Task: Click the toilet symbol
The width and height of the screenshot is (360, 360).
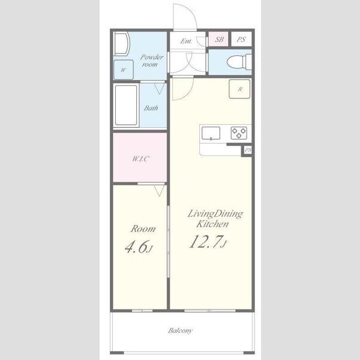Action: tap(239, 61)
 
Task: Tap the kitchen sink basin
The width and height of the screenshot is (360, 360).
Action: tap(211, 133)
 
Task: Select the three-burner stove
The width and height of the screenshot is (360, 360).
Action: tap(239, 133)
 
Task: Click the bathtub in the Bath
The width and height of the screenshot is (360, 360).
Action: tap(126, 105)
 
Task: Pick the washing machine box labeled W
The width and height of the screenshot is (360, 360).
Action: tap(124, 70)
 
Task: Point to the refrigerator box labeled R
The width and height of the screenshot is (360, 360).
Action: tap(239, 89)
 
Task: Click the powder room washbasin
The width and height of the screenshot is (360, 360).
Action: tap(122, 44)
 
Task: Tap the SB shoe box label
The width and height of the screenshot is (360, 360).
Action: tap(219, 39)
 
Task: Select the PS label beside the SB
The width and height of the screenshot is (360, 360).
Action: tap(241, 40)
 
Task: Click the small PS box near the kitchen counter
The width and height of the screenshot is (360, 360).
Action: tap(248, 151)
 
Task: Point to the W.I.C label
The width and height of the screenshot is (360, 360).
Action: tap(140, 158)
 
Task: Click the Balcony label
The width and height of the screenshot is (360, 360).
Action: tap(180, 331)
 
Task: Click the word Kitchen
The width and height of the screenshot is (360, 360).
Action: tap(212, 224)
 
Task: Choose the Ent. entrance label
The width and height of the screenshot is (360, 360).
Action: tap(186, 41)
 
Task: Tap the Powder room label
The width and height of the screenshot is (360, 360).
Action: tap(151, 61)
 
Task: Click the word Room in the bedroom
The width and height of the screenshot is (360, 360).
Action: tap(143, 229)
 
